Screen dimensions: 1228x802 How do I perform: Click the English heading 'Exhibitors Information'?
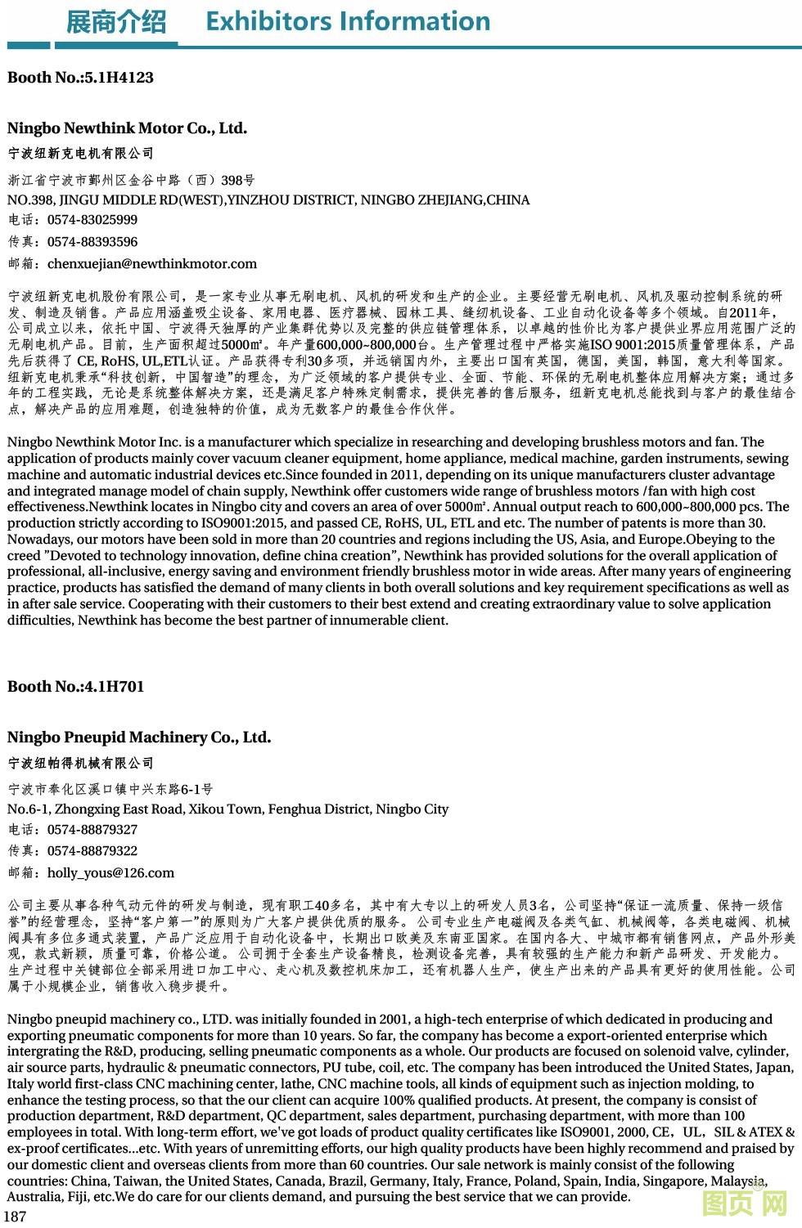point(348,21)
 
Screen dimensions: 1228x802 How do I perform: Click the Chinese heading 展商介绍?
point(116,22)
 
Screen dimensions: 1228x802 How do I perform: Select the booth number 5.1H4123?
point(119,78)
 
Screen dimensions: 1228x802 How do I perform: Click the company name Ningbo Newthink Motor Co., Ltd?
point(127,128)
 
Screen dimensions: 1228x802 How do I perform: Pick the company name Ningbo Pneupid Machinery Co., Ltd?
point(139,737)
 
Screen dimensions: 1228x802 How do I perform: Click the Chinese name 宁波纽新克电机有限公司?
point(80,154)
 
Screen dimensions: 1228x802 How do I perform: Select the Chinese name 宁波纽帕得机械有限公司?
point(80,764)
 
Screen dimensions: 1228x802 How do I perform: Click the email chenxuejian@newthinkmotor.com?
point(152,264)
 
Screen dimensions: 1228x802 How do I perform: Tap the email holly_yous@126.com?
point(110,873)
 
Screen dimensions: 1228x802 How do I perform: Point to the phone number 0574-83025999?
point(92,220)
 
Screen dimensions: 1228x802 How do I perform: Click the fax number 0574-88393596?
point(92,242)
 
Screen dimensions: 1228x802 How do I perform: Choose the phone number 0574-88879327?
point(92,830)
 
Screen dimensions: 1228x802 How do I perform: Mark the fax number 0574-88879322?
point(92,851)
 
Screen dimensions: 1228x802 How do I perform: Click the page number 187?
point(15,1216)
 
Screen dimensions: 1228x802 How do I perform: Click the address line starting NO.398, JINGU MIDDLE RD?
point(268,200)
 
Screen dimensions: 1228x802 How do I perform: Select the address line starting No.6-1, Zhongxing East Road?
point(228,809)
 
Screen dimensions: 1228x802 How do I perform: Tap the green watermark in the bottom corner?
point(745,1203)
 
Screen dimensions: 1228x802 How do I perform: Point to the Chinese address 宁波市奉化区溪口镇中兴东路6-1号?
point(110,790)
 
